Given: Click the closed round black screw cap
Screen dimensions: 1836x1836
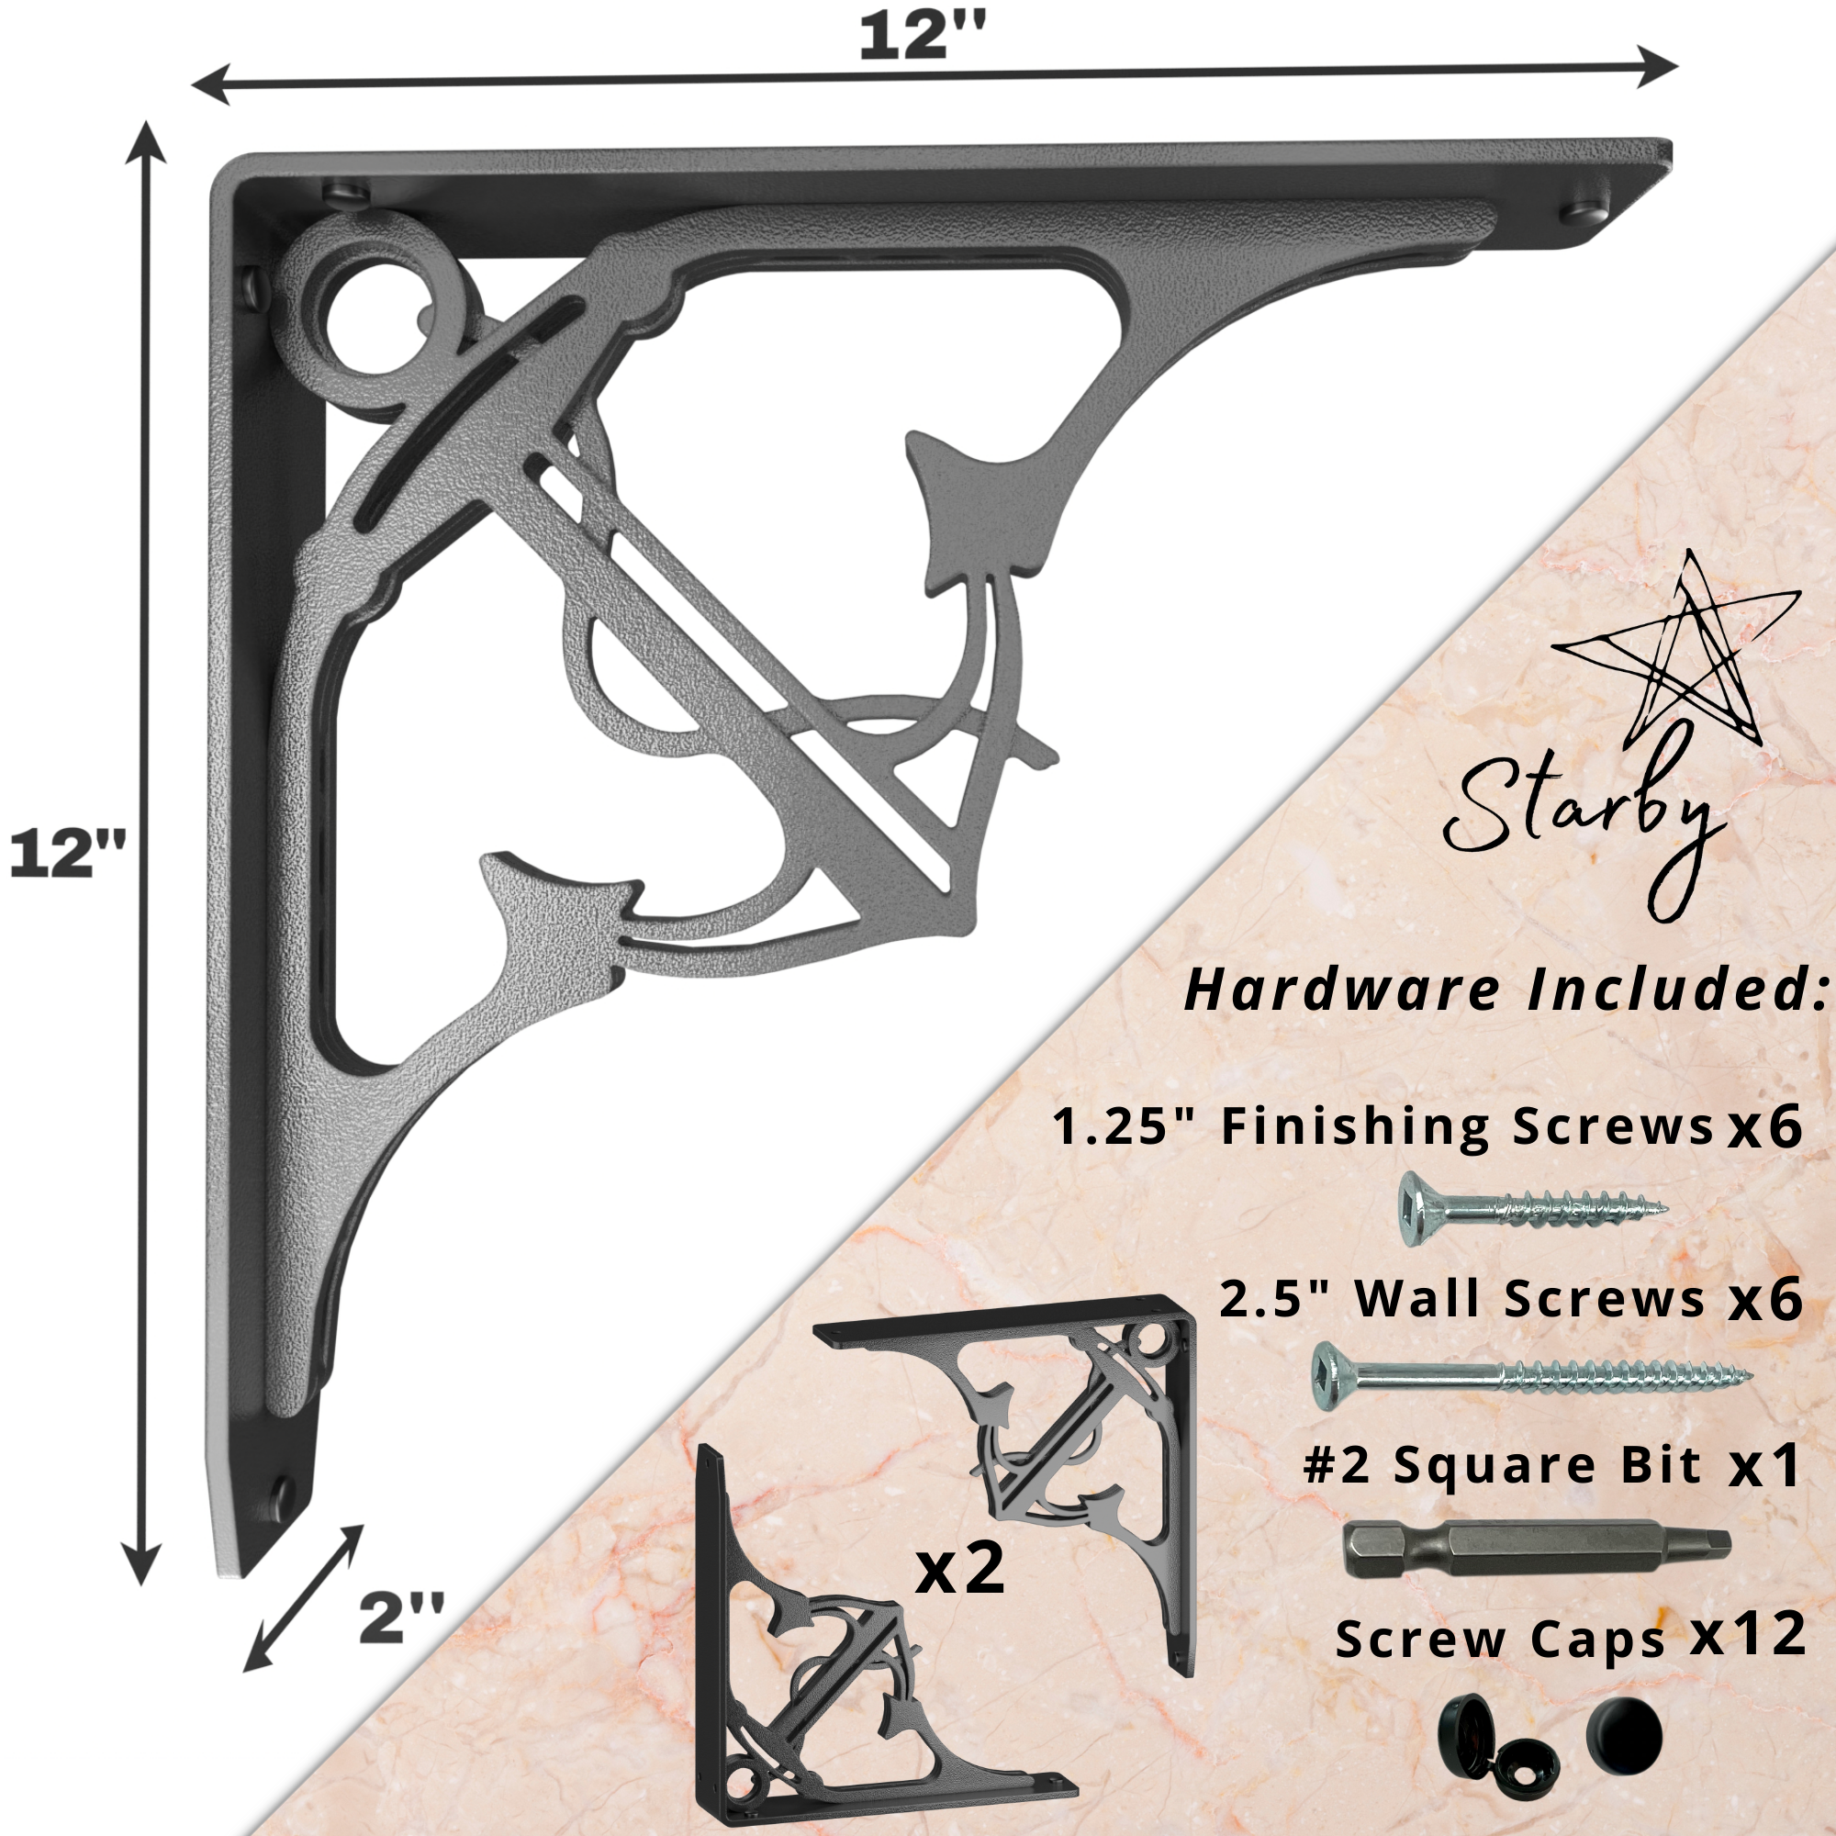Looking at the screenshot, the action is [1624, 1736].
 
